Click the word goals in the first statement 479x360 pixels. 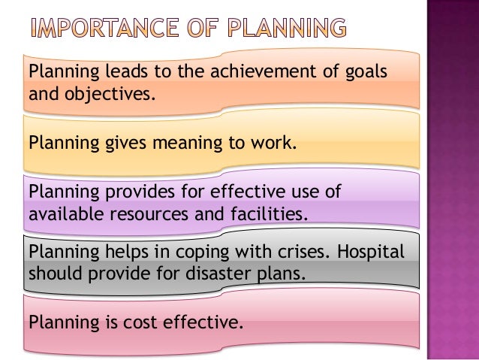tap(365, 71)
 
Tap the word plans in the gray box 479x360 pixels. tap(280, 274)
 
